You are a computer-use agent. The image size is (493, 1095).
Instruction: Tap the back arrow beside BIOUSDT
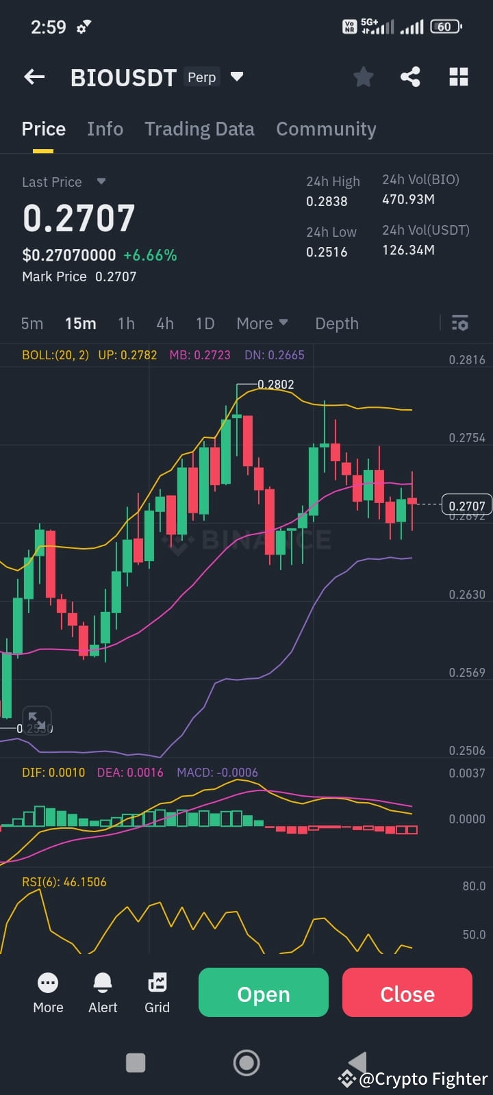[34, 77]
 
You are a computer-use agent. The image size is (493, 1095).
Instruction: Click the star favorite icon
[363, 77]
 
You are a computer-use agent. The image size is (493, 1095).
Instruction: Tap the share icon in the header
[410, 77]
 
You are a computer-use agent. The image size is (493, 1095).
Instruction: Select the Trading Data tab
[199, 129]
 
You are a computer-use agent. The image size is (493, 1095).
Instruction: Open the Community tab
[326, 129]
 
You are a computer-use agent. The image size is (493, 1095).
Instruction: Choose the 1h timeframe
[126, 324]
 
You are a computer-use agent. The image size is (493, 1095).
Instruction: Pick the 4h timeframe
[165, 324]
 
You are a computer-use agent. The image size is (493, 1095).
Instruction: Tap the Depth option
[336, 324]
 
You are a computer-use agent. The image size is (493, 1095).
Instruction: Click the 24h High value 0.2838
[327, 201]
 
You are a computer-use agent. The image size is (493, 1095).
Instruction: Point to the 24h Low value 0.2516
[327, 252]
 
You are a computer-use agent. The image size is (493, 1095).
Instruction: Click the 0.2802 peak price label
[275, 385]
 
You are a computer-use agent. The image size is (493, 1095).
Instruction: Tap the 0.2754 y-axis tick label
[466, 438]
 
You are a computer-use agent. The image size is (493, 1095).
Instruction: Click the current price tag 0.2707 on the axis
[466, 506]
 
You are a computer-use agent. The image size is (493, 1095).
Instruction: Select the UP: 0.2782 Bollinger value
[127, 355]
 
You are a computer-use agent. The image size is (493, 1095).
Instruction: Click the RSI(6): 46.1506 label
[64, 882]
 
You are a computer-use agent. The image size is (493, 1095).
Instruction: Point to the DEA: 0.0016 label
[130, 773]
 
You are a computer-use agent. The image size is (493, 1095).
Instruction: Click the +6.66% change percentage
[150, 255]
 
